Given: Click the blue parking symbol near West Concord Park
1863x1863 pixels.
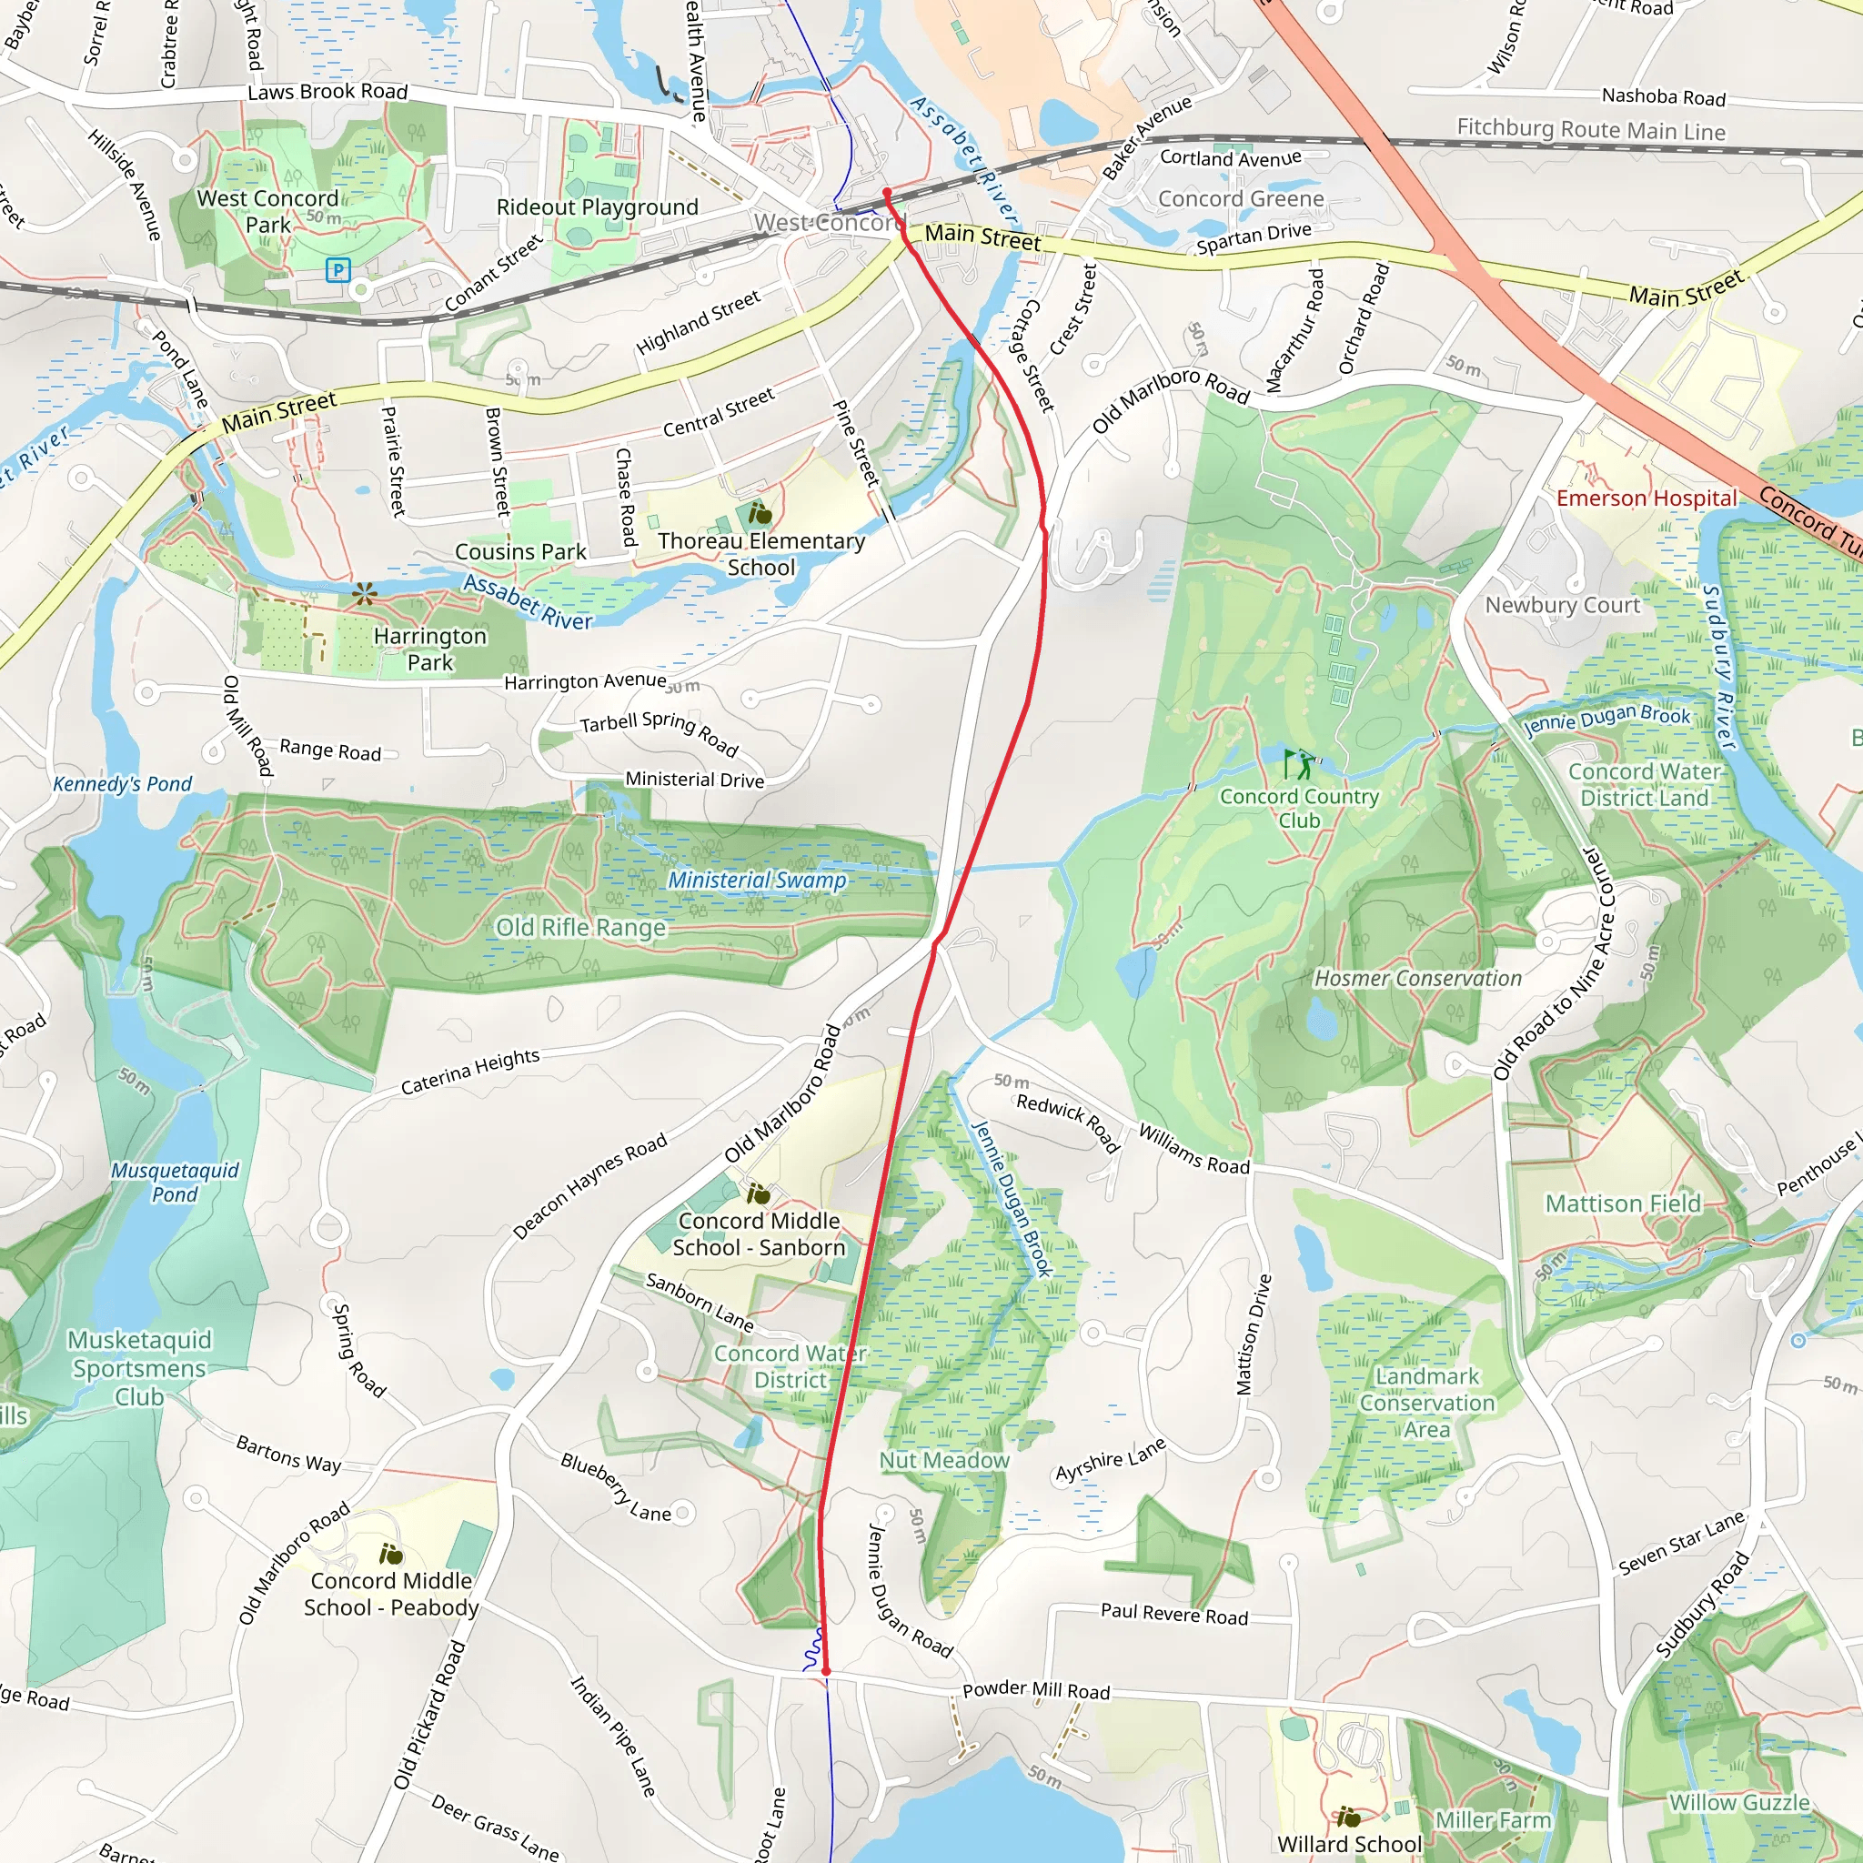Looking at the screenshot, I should point(337,270).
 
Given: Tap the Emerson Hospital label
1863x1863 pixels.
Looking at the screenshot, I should point(1646,498).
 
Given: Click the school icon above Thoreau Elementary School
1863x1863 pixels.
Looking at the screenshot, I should point(760,512).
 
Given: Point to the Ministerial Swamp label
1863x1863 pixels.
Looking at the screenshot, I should point(757,880).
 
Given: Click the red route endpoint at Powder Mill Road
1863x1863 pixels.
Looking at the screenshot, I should point(825,1671).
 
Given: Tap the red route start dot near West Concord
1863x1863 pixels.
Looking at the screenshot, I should point(887,193).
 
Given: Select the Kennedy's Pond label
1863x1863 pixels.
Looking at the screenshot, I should point(123,784).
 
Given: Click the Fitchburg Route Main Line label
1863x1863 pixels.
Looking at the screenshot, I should point(1590,129).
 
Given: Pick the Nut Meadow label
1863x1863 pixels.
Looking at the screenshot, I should point(944,1460).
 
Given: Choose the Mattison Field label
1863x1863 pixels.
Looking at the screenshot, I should point(1623,1203).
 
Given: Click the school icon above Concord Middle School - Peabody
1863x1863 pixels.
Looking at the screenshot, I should point(390,1554).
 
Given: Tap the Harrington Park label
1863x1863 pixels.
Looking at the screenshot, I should point(430,649).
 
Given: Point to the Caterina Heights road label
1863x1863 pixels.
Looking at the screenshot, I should point(469,1072).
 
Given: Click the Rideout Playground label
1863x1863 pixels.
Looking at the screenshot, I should point(597,207).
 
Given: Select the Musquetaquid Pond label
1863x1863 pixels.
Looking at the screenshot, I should point(175,1183).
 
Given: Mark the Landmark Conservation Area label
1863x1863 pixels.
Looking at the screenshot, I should point(1426,1403).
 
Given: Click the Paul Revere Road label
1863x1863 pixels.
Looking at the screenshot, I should point(1173,1615).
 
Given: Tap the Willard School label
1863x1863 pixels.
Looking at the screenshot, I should point(1349,1844).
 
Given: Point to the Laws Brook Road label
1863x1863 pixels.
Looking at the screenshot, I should point(327,92).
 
